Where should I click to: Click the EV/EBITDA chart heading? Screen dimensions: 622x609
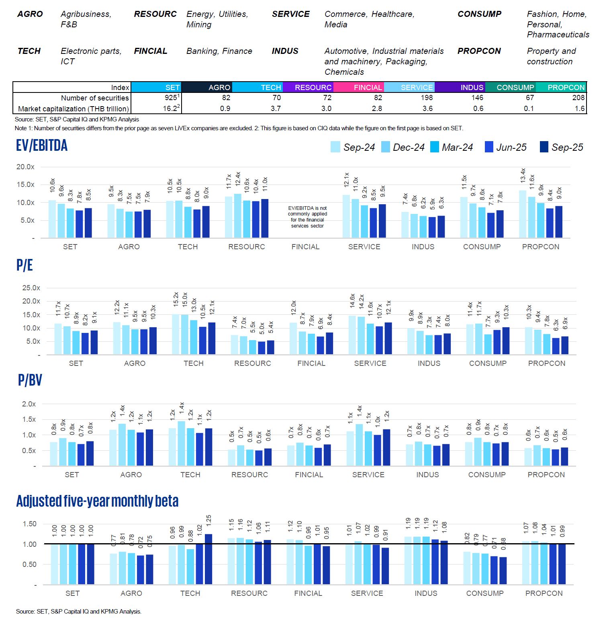[42, 146]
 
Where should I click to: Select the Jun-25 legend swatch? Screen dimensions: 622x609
[489, 147]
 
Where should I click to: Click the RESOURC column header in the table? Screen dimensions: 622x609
[309, 87]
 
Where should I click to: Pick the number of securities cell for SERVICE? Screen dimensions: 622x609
[427, 98]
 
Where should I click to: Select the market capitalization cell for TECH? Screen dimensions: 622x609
[276, 109]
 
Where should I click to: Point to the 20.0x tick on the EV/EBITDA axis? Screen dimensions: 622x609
[25, 167]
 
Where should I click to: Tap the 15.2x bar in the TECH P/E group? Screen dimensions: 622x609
[176, 334]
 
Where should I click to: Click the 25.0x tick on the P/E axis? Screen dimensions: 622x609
[31, 288]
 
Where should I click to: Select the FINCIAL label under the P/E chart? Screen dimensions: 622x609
[311, 363]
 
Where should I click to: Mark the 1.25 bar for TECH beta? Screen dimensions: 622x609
[208, 559]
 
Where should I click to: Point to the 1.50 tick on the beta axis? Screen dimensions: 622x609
[29, 524]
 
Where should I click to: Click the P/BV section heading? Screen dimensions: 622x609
[30, 380]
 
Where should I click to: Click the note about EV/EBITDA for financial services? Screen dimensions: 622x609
[308, 217]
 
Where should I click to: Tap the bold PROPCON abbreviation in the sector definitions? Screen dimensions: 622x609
[479, 51]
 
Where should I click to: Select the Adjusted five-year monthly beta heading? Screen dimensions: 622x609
[97, 501]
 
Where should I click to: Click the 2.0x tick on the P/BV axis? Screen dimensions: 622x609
[29, 404]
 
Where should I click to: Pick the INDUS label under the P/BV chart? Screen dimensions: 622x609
[427, 475]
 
